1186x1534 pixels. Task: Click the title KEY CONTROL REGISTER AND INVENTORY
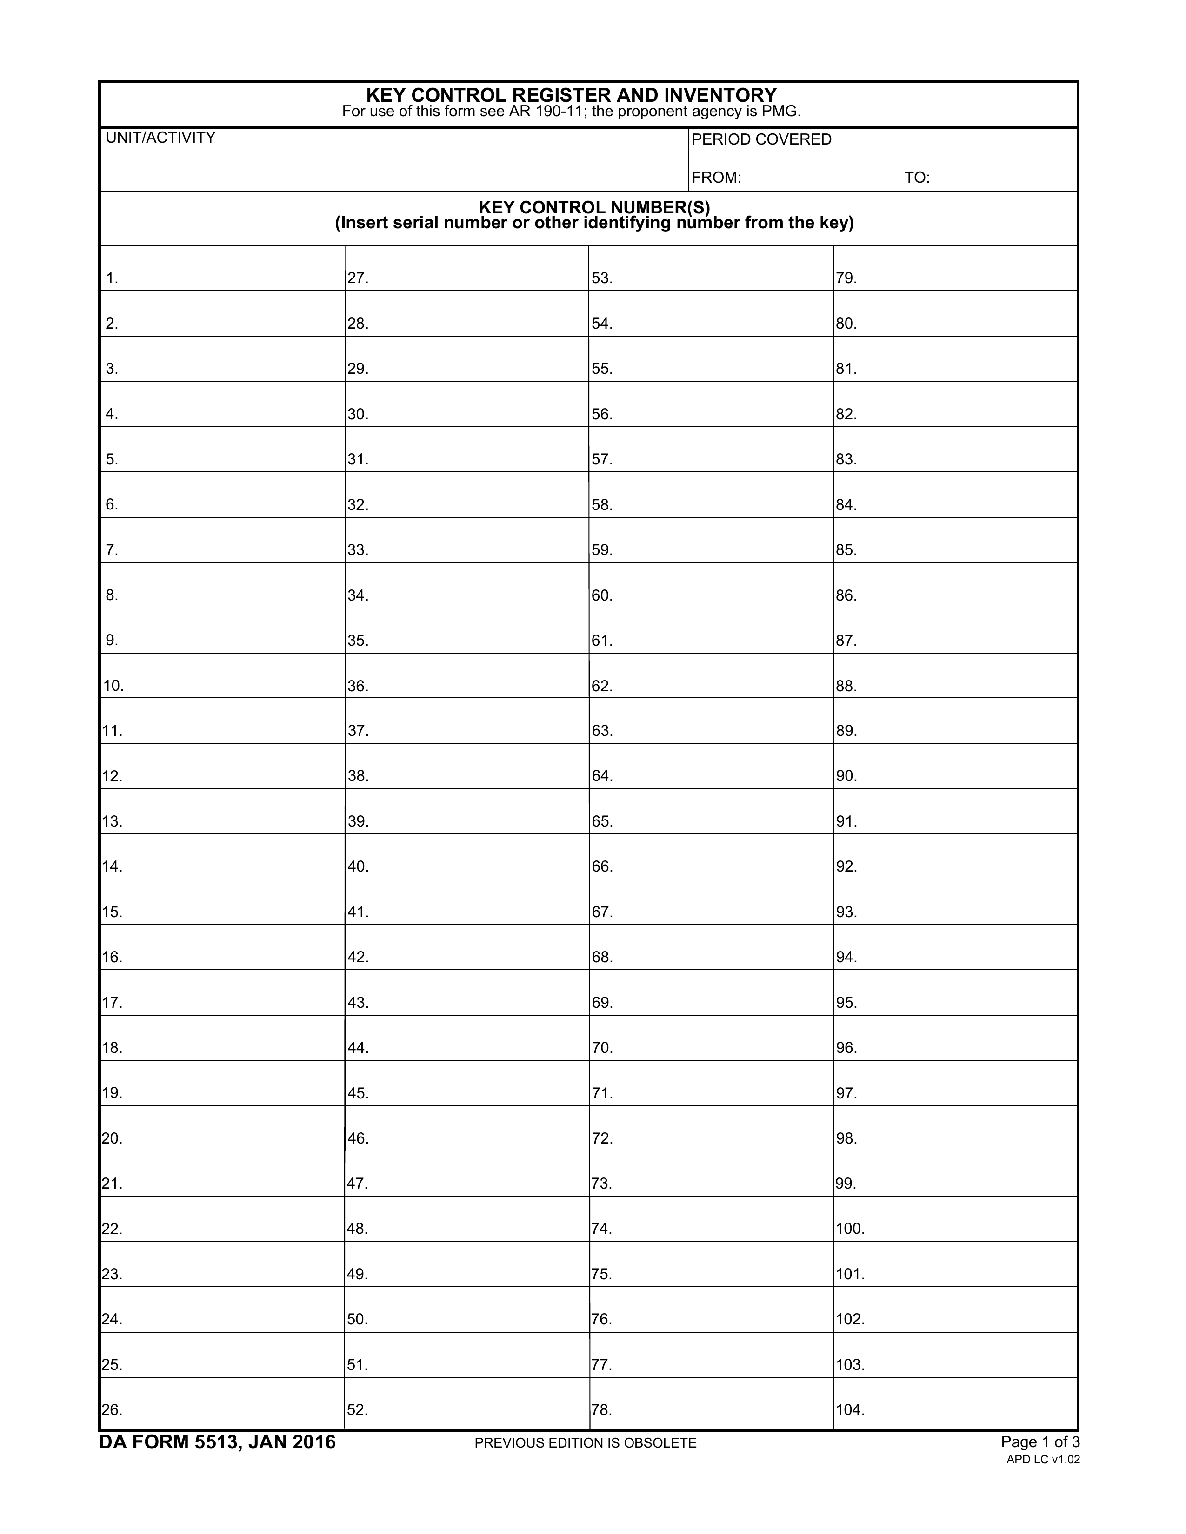coord(571,95)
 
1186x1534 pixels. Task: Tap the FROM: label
coord(716,178)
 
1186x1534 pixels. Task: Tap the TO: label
coord(916,178)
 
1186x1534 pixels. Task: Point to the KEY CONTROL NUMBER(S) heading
coord(594,208)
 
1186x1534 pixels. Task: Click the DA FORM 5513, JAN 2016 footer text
coord(217,1442)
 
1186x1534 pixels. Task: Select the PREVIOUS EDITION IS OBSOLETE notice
coord(585,1443)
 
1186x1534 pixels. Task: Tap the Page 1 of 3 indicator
coord(1040,1442)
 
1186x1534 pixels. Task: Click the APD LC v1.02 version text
coord(1043,1460)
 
